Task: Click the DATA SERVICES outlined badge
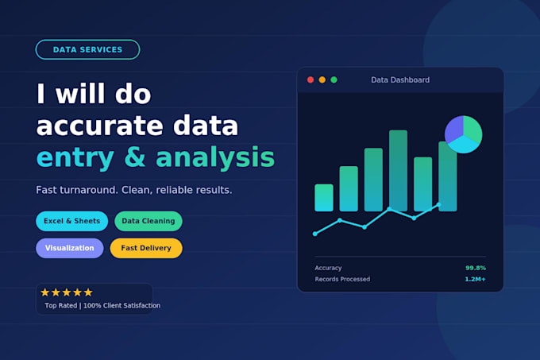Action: coord(87,49)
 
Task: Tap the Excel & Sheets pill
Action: coord(71,221)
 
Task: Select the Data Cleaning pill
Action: coord(148,221)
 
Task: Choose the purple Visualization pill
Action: coord(70,248)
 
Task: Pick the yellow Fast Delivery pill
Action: coord(146,248)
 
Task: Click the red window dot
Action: coord(310,80)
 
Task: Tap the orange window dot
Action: coord(322,80)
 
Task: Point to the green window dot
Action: coord(334,80)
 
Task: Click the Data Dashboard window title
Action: coord(400,80)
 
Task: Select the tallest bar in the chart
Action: coord(398,171)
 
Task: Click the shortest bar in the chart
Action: coord(324,198)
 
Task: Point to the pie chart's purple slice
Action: coord(454,130)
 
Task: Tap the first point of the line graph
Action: coord(314,234)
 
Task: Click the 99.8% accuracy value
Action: coord(476,268)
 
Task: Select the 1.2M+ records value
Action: coord(475,279)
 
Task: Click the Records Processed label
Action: coord(342,279)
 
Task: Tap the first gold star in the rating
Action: coord(45,292)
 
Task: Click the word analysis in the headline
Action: coord(215,157)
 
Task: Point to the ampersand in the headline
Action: coord(135,157)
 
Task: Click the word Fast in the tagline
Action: coord(46,190)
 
